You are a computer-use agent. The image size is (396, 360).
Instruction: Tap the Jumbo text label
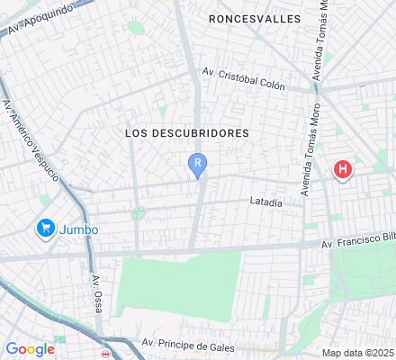[78, 229]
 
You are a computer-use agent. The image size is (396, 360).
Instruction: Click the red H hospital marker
[343, 168]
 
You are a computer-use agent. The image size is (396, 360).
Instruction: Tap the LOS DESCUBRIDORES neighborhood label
[186, 132]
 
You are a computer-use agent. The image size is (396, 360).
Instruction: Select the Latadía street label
[265, 202]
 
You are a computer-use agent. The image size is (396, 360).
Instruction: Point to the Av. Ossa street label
[96, 293]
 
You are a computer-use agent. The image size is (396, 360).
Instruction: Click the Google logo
[30, 349]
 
